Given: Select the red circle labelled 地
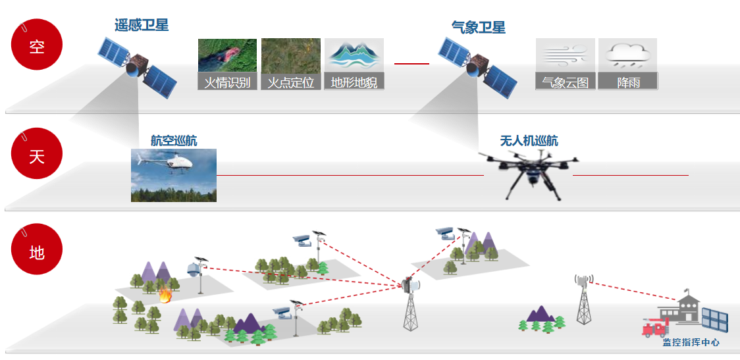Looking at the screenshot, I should [x=37, y=251].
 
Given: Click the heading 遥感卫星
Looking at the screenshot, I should [x=142, y=26].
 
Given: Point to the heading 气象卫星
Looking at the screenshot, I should [x=479, y=28].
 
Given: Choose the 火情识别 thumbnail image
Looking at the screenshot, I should [x=227, y=56].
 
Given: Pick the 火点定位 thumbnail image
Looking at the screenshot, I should [x=291, y=56].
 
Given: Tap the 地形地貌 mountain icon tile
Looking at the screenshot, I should [x=354, y=56].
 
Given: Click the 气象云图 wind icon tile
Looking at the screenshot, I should [x=565, y=56].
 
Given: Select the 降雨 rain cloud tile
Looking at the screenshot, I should [x=628, y=56].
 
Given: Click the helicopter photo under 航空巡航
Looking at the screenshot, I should [x=174, y=175].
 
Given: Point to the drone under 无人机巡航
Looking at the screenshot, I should [x=529, y=172].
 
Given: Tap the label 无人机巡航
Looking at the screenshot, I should [x=529, y=141].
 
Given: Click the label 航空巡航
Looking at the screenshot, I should [x=174, y=140].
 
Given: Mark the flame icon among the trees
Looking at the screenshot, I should [x=165, y=296].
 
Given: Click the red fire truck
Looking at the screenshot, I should [x=656, y=326].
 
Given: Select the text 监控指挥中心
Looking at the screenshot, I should [x=691, y=342].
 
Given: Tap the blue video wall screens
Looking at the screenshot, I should [x=714, y=319].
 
